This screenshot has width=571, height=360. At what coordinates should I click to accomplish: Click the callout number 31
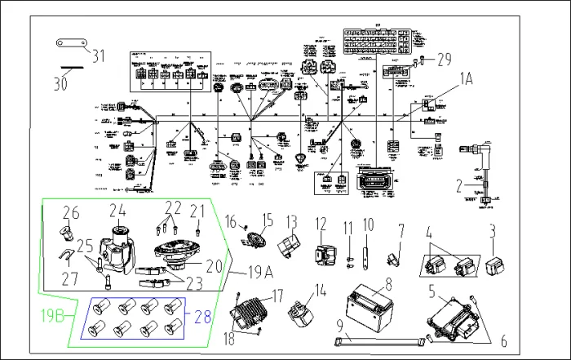click(99, 56)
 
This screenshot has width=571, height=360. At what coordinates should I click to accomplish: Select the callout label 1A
click(466, 78)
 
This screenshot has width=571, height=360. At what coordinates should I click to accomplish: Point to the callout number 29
click(444, 59)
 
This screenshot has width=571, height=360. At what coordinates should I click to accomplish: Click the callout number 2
click(458, 185)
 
